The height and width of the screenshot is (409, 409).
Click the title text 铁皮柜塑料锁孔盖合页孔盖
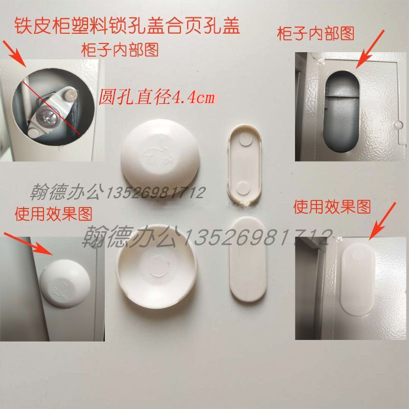[x=127, y=26]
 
